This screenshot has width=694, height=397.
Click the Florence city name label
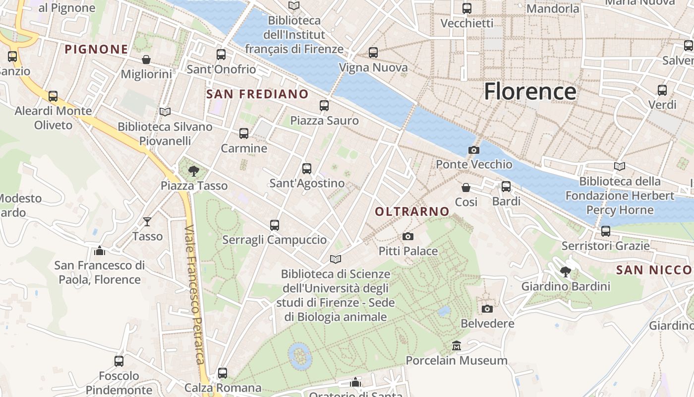(x=530, y=92)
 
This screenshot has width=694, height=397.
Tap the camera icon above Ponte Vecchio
(x=474, y=150)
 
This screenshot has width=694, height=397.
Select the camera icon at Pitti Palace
(x=408, y=237)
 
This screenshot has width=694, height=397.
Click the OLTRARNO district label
(x=412, y=212)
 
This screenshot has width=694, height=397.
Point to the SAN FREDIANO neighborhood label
(x=257, y=94)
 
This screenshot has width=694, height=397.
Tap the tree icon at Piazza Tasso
(x=194, y=172)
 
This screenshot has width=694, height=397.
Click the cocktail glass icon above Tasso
(x=147, y=222)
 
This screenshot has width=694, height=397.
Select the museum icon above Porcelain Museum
(x=457, y=345)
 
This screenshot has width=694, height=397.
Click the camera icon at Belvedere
(x=487, y=309)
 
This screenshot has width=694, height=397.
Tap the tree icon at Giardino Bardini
(x=565, y=272)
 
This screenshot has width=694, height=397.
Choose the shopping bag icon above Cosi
(x=466, y=188)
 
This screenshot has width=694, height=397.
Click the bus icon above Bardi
(x=506, y=187)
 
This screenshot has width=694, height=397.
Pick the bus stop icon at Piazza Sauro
(x=324, y=106)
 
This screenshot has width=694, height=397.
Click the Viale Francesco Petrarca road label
(x=195, y=295)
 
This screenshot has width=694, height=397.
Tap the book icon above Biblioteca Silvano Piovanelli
(x=165, y=112)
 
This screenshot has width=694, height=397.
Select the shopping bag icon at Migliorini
(x=146, y=60)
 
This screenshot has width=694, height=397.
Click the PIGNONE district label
(x=97, y=49)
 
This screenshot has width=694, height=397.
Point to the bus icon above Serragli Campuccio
(x=275, y=225)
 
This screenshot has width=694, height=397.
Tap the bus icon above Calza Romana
(x=223, y=373)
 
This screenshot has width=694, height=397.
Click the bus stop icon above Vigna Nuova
(x=373, y=53)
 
